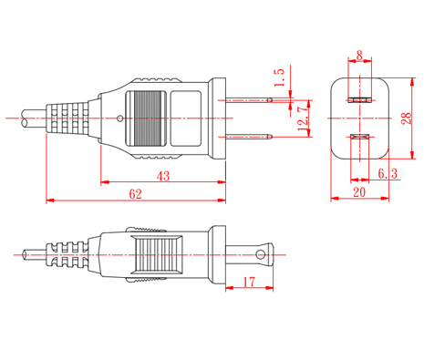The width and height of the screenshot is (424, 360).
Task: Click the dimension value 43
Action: pos(163,176)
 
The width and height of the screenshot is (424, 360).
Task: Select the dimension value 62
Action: pos(135,194)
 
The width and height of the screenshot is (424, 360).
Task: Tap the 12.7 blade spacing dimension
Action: pos(304,118)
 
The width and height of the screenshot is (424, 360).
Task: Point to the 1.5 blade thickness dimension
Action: pos(279,77)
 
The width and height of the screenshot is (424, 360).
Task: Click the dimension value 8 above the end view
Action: pos(359,56)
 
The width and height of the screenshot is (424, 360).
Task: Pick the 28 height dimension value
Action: pos(407,118)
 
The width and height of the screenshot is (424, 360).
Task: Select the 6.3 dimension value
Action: pos(388,173)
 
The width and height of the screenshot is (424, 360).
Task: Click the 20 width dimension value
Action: pos(359,192)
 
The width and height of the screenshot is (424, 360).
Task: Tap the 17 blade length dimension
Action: pos(249,282)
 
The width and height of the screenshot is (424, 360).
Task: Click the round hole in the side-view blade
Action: pos(261,254)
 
